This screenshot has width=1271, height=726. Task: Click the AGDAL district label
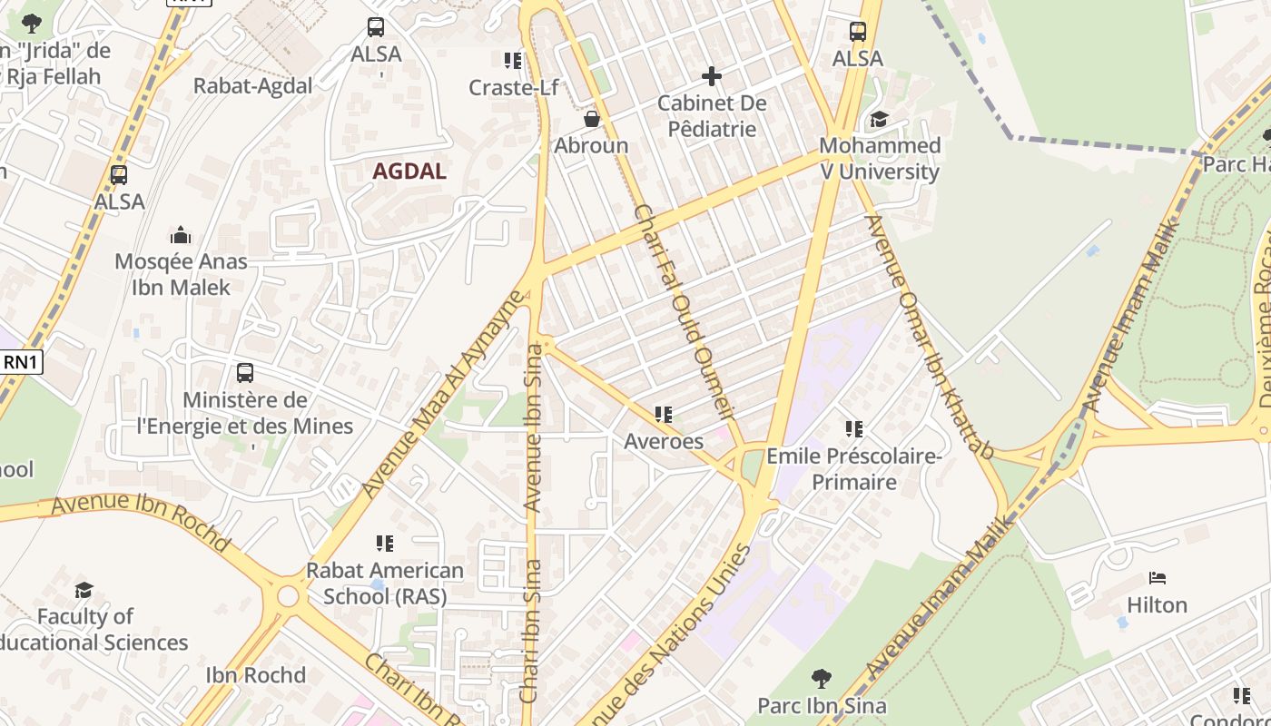(409, 171)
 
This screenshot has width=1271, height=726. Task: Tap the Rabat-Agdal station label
(252, 85)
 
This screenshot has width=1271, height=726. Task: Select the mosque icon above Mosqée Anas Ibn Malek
(181, 235)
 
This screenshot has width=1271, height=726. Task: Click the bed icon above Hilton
(1157, 577)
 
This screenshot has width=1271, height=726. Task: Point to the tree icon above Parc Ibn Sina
(822, 678)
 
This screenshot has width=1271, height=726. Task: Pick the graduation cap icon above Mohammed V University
(879, 119)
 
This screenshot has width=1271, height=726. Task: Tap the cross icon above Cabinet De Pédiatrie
(712, 76)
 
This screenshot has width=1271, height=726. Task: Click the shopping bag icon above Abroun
(591, 119)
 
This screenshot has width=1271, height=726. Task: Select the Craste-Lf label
(513, 87)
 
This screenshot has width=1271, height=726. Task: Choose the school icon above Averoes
(664, 415)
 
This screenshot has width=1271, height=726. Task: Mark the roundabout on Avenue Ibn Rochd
(288, 596)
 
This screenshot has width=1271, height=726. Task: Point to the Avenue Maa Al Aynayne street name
(444, 394)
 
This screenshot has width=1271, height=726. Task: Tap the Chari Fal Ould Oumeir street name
(683, 311)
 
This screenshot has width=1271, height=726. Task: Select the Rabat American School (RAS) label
(384, 584)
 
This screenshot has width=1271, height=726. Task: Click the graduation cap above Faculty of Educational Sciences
(84, 590)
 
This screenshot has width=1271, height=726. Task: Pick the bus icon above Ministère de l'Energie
(244, 372)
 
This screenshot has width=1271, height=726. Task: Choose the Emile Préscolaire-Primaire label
(853, 468)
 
